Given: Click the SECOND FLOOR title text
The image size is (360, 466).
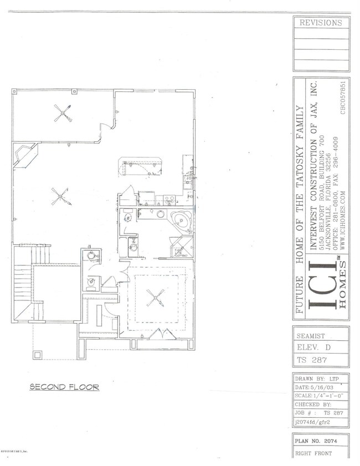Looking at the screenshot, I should (x=64, y=387).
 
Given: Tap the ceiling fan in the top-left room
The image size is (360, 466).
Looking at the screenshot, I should (x=63, y=115).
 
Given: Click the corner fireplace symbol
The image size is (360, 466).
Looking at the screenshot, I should (x=24, y=156).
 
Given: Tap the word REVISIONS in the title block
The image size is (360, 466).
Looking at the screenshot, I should (x=321, y=23).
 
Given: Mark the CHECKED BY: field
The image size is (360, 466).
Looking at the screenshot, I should (x=314, y=404).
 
